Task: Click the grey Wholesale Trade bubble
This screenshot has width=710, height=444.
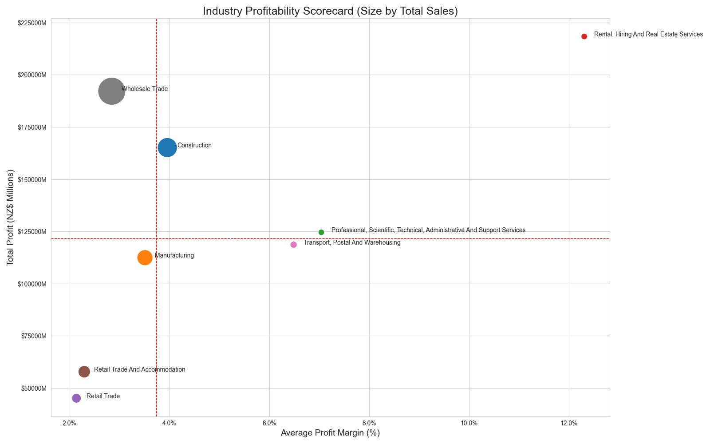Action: [x=111, y=91]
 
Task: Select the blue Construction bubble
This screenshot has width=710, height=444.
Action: [x=167, y=147]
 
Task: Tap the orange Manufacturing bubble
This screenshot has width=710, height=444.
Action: [x=145, y=258]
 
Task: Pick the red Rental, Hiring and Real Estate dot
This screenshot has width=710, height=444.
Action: [x=584, y=36]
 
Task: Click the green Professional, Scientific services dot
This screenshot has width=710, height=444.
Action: [x=321, y=232]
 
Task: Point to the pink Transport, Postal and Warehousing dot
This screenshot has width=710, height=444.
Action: [x=293, y=245]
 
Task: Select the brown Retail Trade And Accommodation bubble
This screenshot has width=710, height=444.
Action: [x=84, y=372]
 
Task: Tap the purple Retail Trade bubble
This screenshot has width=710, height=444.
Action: [x=76, y=398]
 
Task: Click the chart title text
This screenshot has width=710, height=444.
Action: [x=330, y=11]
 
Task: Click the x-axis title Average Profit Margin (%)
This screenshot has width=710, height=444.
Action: [x=330, y=433]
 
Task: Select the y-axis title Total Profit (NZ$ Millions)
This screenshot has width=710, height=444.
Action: [x=11, y=218]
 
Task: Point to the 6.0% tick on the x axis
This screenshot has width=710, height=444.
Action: [x=269, y=423]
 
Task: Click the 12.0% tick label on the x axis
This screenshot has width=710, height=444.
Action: [x=569, y=423]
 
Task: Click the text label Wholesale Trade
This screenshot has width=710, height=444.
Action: [x=145, y=89]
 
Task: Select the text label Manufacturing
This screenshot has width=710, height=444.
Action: [x=174, y=256]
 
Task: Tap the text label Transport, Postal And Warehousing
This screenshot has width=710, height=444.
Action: [x=352, y=243]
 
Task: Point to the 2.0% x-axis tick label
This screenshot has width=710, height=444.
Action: [x=70, y=423]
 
